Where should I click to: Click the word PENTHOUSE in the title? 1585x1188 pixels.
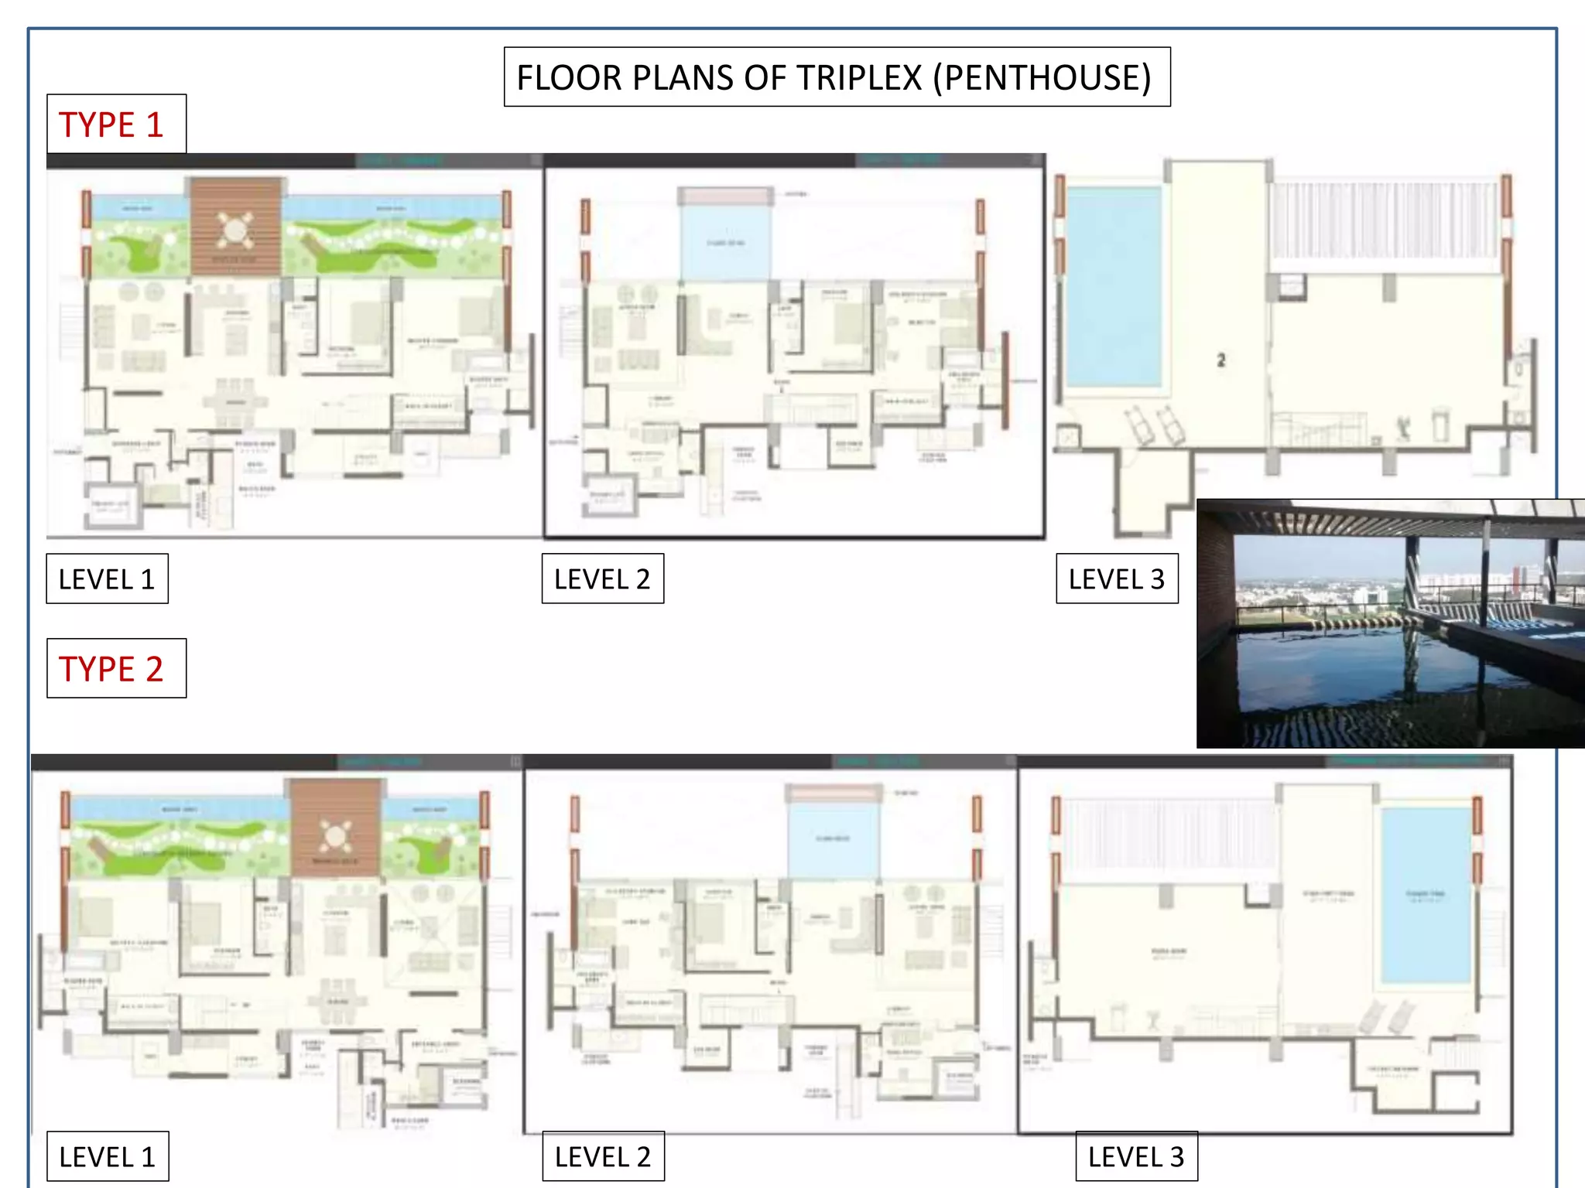[1042, 78]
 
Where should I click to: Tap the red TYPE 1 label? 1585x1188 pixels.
[111, 125]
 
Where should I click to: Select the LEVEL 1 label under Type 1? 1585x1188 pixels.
[107, 579]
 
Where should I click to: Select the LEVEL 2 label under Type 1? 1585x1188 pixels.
[602, 579]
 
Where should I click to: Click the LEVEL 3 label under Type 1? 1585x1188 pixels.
[1116, 579]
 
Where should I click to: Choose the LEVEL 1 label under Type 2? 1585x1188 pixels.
[107, 1157]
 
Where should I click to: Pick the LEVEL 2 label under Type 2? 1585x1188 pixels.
[603, 1157]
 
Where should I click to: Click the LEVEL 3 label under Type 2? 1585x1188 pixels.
[1136, 1157]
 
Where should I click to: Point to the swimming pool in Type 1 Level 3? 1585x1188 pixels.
[1113, 286]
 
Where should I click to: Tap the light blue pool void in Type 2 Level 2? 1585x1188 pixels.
[833, 839]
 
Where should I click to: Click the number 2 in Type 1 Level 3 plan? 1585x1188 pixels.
[1220, 360]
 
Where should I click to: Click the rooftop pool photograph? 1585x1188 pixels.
[1390, 623]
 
